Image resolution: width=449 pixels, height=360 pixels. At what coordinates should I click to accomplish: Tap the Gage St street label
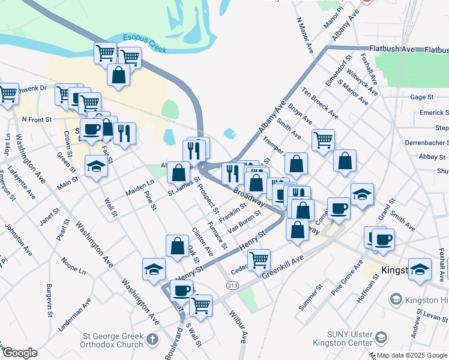tap(421, 97)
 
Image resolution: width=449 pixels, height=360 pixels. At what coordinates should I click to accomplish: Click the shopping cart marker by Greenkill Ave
tap(258, 260)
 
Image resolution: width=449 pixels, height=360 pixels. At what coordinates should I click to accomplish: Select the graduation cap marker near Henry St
tap(154, 269)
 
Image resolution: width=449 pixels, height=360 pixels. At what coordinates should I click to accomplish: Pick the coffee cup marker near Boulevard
tap(181, 290)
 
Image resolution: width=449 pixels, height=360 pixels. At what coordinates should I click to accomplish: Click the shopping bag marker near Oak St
tap(177, 246)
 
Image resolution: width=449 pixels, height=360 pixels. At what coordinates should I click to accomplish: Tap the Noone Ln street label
tap(73, 266)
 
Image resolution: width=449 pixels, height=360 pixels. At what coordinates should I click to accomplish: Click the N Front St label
tap(37, 120)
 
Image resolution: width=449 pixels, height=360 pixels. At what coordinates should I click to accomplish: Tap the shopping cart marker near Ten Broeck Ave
tap(323, 139)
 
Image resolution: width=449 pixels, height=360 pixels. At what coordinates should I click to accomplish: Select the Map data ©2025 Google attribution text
tap(412, 355)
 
